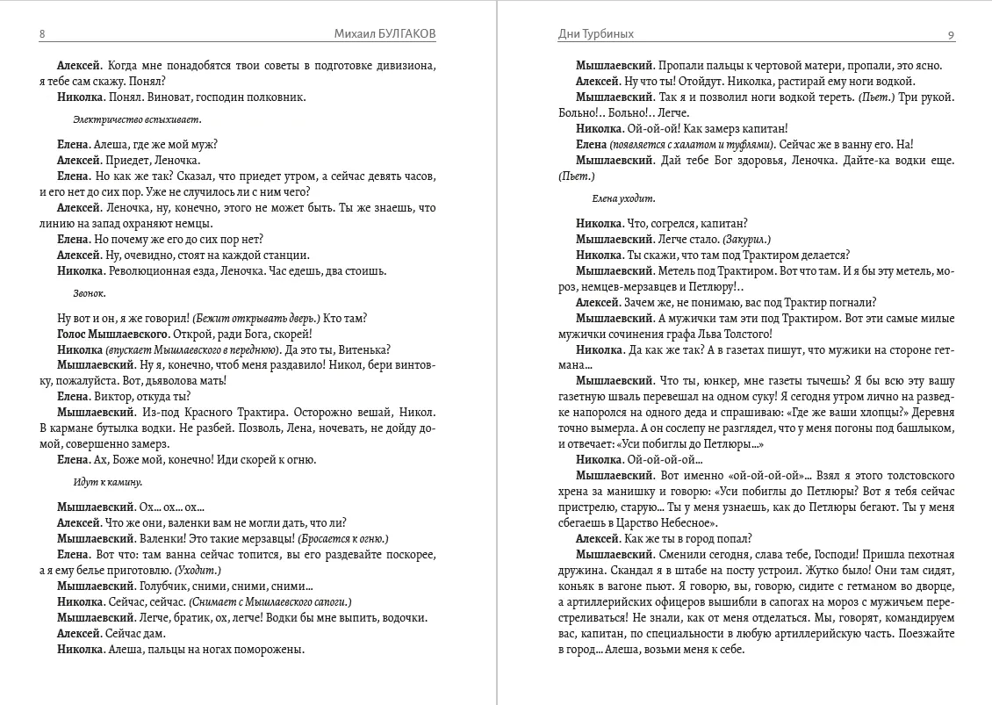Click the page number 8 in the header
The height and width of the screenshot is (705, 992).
[x=42, y=34]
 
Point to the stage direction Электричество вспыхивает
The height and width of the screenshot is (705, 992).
[x=137, y=119]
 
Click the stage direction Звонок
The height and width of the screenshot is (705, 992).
[x=90, y=293]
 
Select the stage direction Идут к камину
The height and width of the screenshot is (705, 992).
[x=108, y=482]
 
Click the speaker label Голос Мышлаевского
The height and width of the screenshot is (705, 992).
[x=112, y=335]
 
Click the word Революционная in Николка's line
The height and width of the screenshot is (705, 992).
[x=147, y=270]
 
